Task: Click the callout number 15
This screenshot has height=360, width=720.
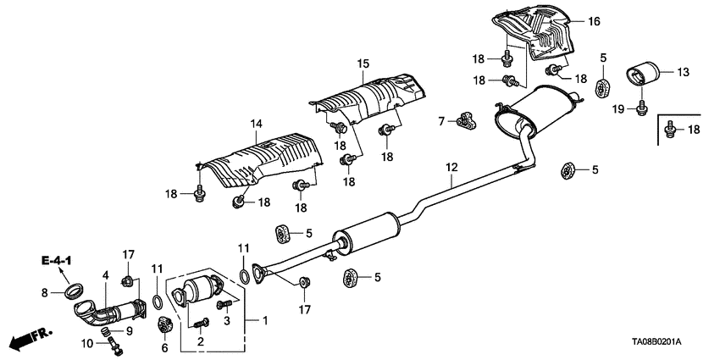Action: coord(363,64)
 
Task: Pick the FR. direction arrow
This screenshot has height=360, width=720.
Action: coord(25,341)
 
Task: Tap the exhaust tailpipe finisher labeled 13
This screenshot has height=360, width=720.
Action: coord(643,75)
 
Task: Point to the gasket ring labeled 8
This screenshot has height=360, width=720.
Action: coord(75,292)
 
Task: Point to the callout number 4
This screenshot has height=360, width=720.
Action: coord(106,274)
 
